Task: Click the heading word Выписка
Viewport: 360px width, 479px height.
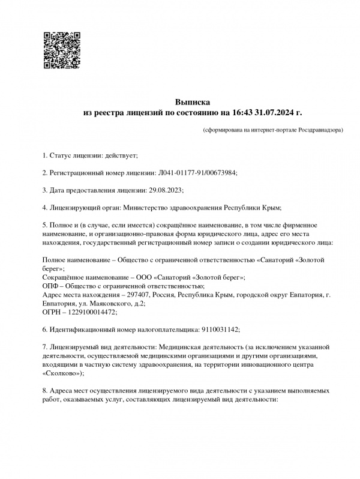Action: click(193, 102)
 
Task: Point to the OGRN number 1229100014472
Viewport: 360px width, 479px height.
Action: click(92, 313)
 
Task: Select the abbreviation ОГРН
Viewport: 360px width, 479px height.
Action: click(53, 313)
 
